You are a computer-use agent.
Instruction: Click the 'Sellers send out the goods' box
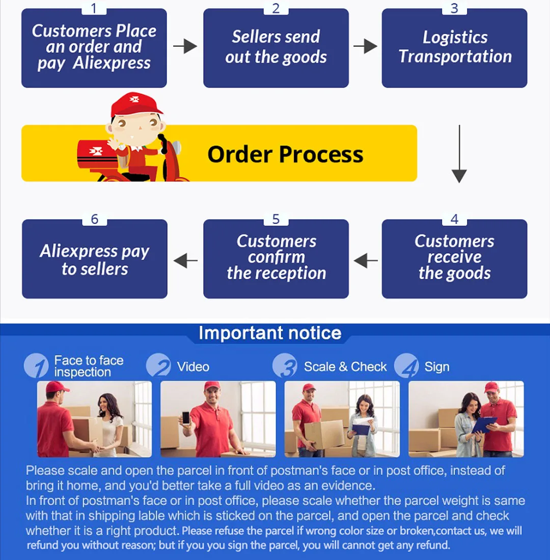point(276,48)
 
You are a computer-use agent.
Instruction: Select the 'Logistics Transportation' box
point(454,48)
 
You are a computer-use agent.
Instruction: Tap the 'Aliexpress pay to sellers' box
point(94,260)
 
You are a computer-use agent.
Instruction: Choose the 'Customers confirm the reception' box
point(276,259)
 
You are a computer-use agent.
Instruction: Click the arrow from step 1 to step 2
point(185,47)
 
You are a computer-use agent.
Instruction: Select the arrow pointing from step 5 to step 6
point(185,261)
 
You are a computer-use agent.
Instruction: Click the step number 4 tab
point(454,219)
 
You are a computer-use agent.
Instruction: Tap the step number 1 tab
point(94,8)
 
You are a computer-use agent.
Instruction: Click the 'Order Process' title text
point(285,154)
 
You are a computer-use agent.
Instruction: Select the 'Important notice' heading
point(269,333)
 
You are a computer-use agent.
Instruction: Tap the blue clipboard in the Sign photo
point(483,424)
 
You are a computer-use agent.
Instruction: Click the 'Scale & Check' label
point(345,367)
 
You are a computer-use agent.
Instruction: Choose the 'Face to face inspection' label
point(89,367)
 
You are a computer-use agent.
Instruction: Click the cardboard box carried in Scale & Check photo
point(324,434)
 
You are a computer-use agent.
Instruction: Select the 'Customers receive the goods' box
point(454,259)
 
